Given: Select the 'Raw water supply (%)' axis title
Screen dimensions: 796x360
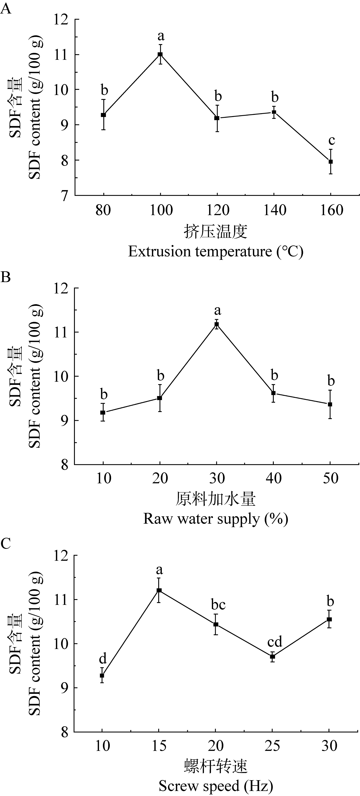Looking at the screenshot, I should [216, 519].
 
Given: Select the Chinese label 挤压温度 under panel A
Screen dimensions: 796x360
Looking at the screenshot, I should [216, 232].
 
